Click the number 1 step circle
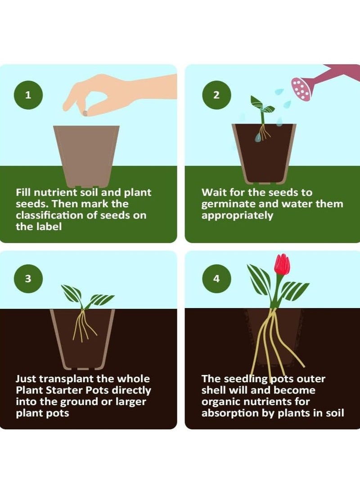(x=28, y=95)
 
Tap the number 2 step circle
(x=216, y=95)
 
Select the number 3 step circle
(x=28, y=278)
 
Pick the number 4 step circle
(x=216, y=278)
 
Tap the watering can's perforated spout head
(x=301, y=89)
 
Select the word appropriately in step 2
(x=237, y=215)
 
